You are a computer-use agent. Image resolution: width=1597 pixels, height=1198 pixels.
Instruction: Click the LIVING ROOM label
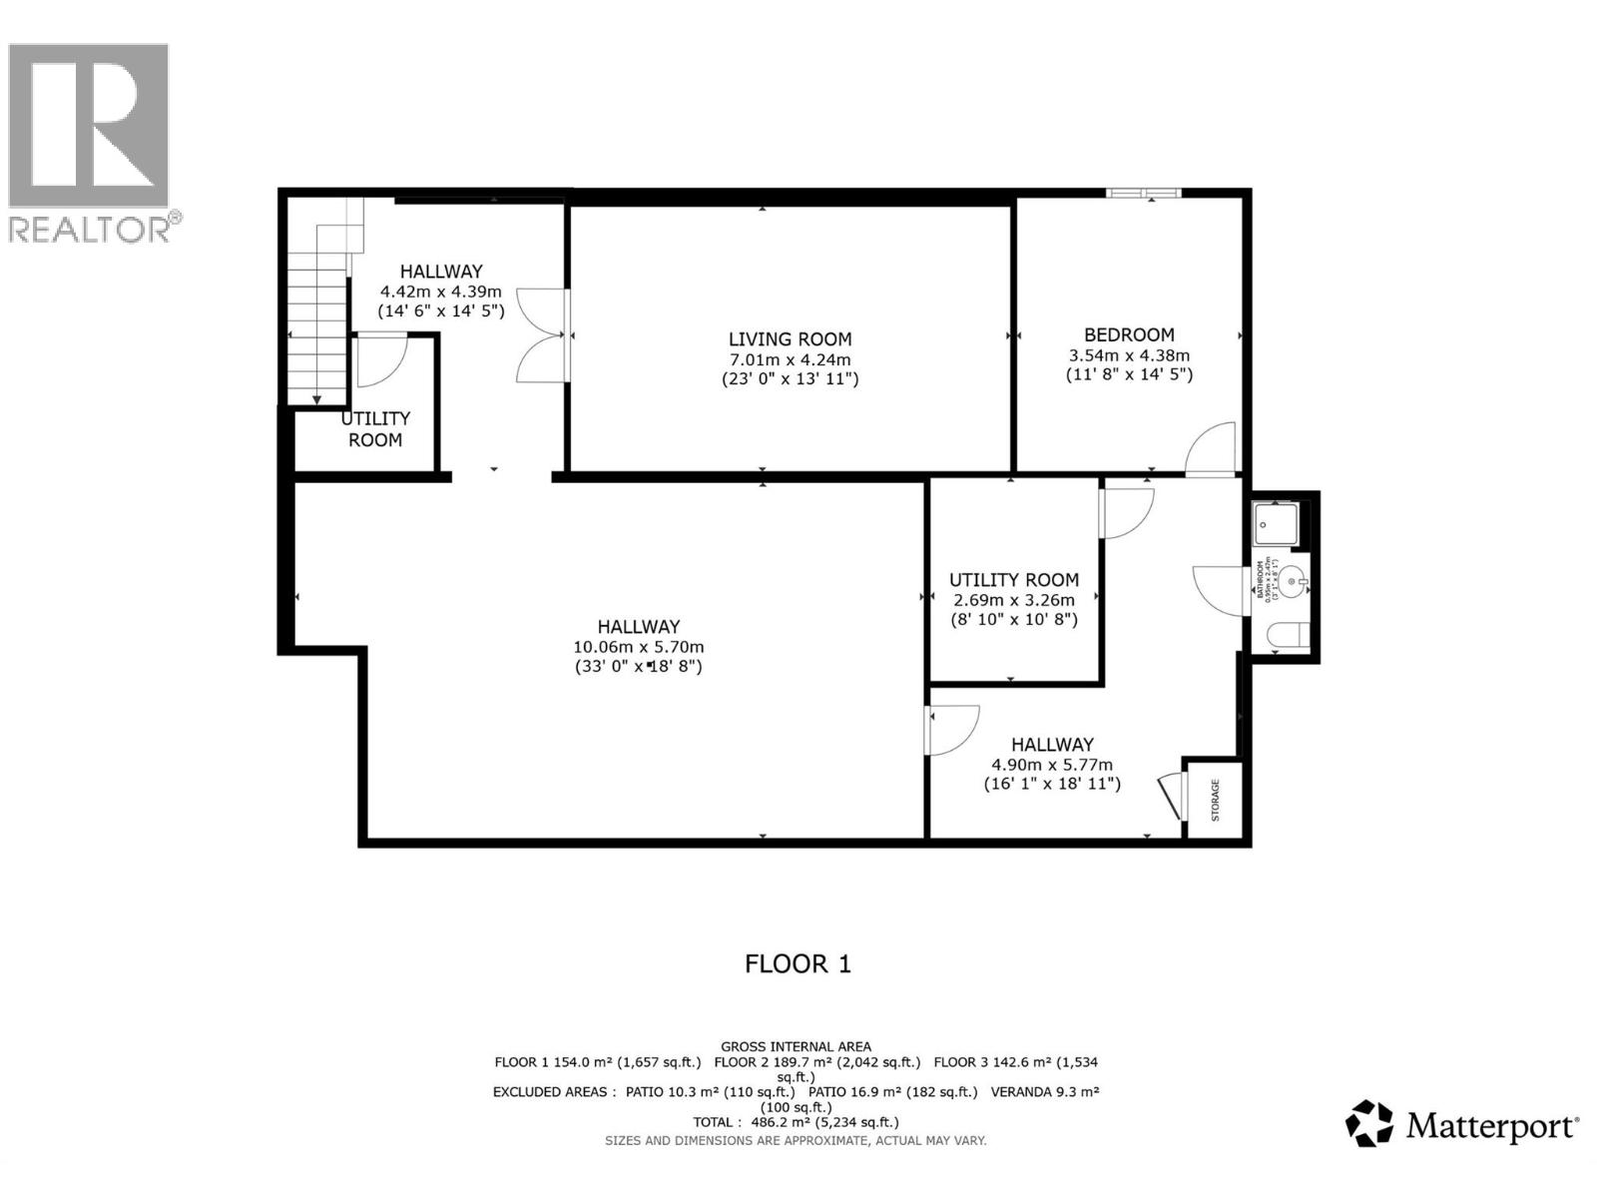tap(790, 339)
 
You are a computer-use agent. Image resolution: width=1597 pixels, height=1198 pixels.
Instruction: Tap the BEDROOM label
tap(1129, 335)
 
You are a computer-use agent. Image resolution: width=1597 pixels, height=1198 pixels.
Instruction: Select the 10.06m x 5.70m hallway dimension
tap(639, 647)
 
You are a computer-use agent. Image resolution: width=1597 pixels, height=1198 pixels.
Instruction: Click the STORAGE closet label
tap(1215, 800)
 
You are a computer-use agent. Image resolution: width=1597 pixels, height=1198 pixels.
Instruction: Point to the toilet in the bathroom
tap(1287, 636)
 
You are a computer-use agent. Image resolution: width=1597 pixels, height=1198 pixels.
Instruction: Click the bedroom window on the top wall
tap(1143, 193)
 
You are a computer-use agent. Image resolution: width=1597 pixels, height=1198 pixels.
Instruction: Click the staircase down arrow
tap(316, 399)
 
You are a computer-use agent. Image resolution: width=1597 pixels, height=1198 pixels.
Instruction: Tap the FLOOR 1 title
tap(798, 963)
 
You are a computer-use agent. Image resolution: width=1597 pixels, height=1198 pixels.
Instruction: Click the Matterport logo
tap(1461, 1126)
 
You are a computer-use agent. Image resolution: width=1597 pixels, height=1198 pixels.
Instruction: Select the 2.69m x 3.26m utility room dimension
tap(1013, 600)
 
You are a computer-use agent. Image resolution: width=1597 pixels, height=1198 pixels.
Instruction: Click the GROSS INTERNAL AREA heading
tap(796, 1046)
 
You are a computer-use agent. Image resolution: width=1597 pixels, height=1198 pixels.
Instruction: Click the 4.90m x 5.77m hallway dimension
tap(1051, 765)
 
